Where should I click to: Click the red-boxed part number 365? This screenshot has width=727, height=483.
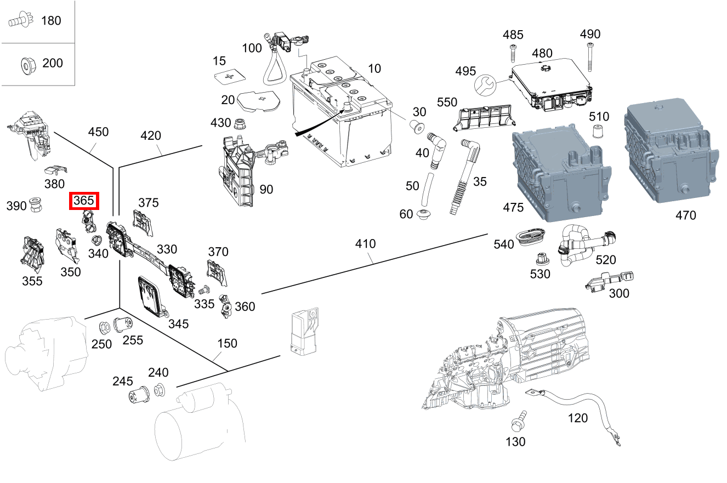click(84, 201)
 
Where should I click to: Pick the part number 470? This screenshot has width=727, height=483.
click(685, 215)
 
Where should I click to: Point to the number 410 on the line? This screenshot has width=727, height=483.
click(365, 243)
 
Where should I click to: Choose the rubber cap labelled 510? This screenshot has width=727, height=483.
click(599, 132)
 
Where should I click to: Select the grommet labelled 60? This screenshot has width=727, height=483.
click(425, 214)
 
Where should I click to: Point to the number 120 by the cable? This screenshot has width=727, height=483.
click(578, 418)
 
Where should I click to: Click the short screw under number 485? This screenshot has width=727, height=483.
click(513, 54)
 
